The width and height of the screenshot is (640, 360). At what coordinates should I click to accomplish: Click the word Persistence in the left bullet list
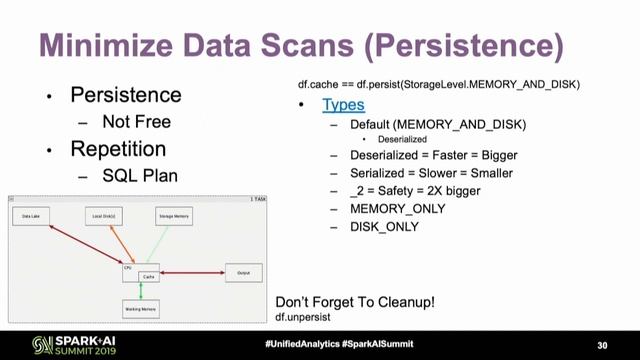125,95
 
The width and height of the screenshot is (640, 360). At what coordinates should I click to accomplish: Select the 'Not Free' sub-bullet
137,122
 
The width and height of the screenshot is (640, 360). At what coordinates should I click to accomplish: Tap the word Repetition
118,149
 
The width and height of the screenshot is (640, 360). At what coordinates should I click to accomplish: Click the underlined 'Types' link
343,104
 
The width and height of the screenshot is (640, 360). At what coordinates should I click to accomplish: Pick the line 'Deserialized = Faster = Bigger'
433,156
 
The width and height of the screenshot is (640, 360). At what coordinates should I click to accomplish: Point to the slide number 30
602,344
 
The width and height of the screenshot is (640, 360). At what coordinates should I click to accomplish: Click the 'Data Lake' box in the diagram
30,216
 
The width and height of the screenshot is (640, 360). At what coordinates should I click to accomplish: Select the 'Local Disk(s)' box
103,216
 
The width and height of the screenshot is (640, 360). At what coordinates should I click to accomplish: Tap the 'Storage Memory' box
174,216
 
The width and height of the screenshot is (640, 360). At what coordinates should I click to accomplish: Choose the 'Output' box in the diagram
243,271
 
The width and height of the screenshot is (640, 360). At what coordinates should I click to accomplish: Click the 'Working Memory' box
141,309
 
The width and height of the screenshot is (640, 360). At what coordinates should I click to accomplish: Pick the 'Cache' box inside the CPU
147,276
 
